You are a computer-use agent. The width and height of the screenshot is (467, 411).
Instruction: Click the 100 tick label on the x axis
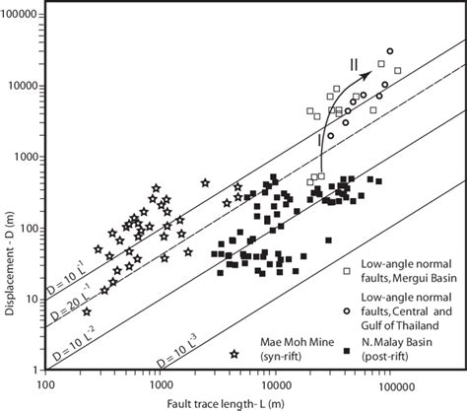click(45, 385)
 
